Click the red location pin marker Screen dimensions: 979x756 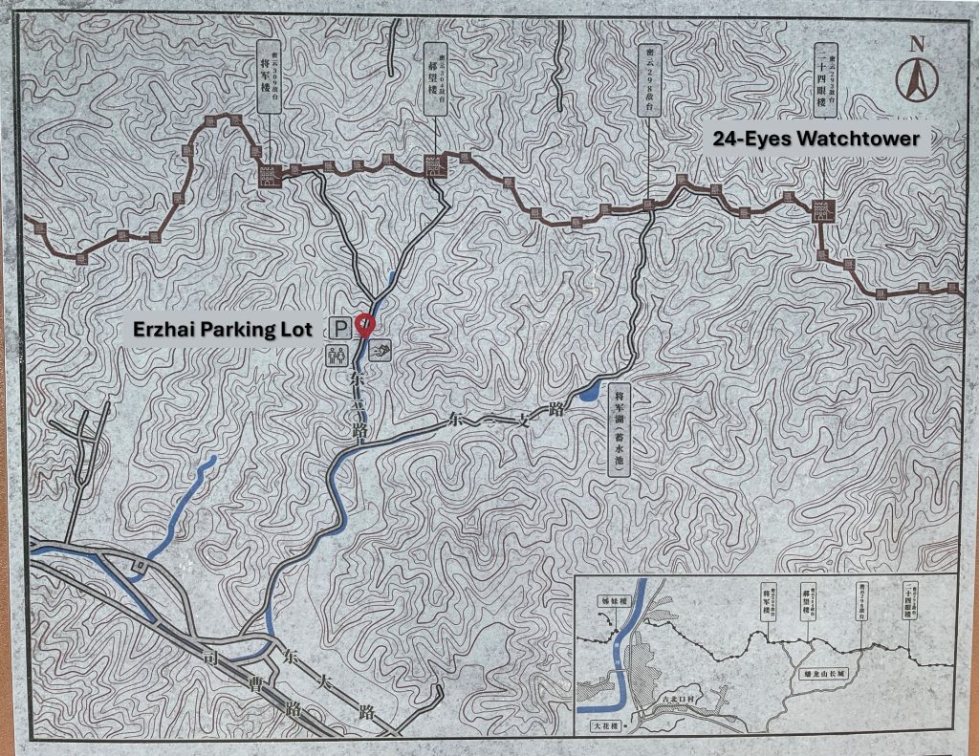click(364, 324)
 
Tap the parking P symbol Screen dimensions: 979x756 click(340, 329)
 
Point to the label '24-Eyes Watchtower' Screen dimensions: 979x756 click(816, 139)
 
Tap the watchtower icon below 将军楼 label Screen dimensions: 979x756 click(269, 175)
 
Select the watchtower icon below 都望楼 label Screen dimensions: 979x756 click(434, 166)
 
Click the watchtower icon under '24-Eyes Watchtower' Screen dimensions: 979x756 click(822, 212)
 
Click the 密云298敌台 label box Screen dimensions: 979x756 click(649, 76)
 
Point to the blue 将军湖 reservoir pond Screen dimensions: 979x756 click(588, 393)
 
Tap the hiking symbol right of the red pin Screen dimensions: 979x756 click(383, 351)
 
